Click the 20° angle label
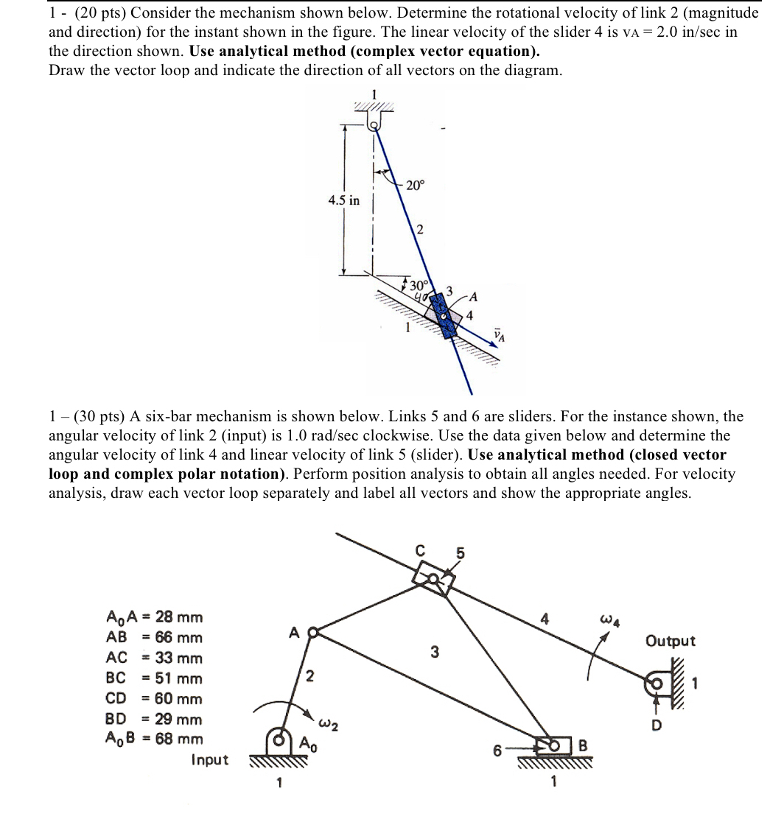pos(415,186)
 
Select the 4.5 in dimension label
pos(344,200)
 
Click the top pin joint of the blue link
pos(375,125)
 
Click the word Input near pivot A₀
pos(209,759)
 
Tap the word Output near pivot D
pos(670,641)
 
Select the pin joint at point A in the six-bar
pos(311,632)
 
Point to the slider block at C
pos(435,579)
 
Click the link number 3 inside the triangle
pos(435,651)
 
